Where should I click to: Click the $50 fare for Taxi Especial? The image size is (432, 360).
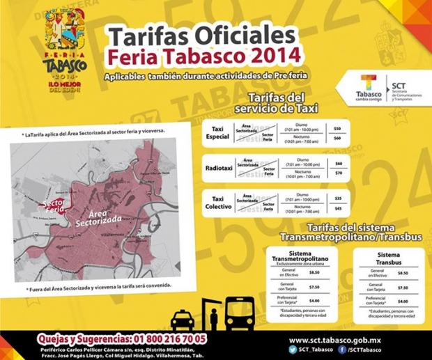tap(338, 129)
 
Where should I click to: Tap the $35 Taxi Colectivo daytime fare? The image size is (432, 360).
tap(338, 198)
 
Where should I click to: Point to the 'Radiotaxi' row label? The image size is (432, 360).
tap(219, 168)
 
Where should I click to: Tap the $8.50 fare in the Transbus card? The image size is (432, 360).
tap(403, 274)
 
